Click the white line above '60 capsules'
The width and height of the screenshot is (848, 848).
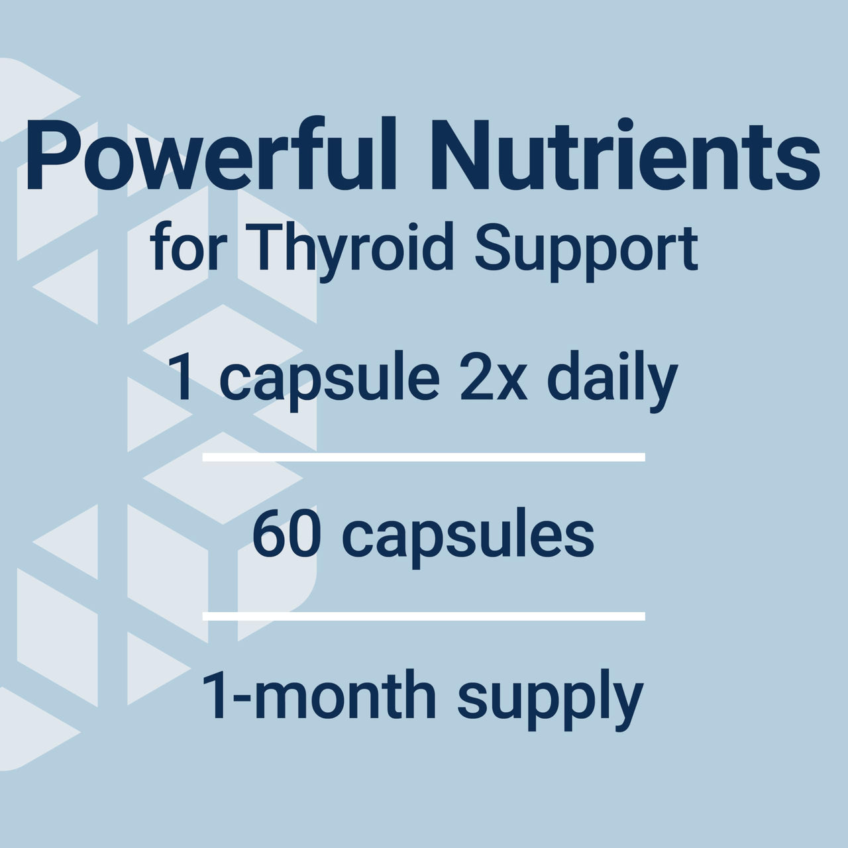pos(423,457)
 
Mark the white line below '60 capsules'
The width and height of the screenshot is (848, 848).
pos(423,616)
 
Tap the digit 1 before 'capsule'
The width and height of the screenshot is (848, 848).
pos(184,379)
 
